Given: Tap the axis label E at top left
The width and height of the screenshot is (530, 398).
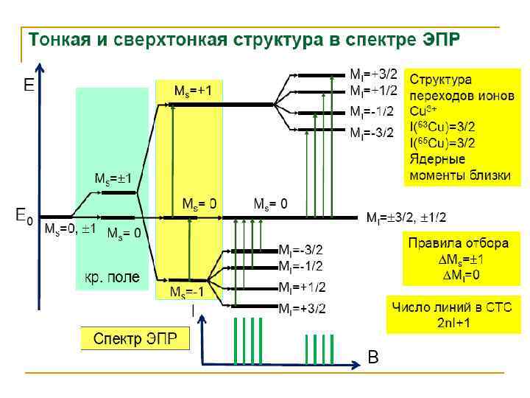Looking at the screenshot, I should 28,86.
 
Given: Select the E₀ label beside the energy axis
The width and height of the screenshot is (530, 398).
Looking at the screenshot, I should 24,216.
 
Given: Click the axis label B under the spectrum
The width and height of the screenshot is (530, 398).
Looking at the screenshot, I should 373,358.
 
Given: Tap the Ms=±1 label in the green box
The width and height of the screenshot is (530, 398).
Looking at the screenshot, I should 112,178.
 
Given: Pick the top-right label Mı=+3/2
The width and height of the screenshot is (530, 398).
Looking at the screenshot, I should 373,74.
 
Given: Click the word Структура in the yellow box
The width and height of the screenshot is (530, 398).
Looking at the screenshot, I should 441,79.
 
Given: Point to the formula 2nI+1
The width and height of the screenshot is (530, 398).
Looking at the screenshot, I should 456,322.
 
